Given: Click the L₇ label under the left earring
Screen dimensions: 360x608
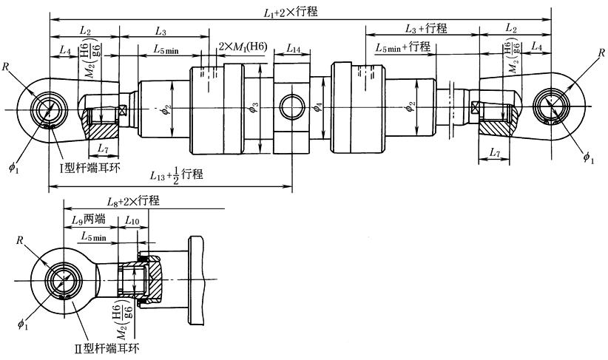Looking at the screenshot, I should [x=103, y=150].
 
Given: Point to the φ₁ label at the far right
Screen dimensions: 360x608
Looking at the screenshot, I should [x=588, y=157].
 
